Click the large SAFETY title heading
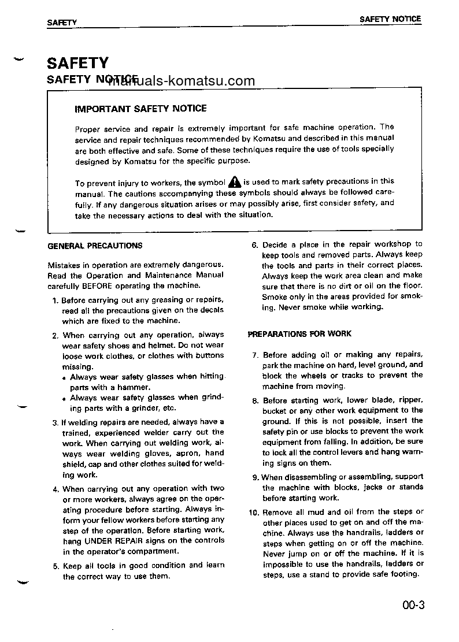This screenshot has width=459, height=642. tap(77, 62)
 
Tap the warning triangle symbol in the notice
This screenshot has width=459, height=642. tap(234, 181)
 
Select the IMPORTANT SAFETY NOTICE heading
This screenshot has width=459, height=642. tap(140, 109)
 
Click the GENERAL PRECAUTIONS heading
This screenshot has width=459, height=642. tap(95, 246)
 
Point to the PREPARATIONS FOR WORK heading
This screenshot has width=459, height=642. tap(299, 334)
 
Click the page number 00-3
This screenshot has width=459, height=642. tap(414, 606)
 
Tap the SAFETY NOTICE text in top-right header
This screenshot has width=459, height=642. tap(390, 19)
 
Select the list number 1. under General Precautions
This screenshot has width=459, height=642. tap(55, 300)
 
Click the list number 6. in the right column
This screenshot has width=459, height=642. tap(254, 244)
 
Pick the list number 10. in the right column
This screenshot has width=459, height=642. tap(253, 513)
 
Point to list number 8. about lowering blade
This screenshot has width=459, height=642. tap(255, 400)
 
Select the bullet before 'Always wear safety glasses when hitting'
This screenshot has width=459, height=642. tap(64, 378)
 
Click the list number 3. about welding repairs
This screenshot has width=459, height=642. tap(55, 422)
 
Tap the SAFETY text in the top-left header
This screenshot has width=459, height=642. tap(62, 22)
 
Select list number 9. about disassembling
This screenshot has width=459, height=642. tap(255, 477)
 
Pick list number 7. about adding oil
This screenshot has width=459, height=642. tap(255, 355)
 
